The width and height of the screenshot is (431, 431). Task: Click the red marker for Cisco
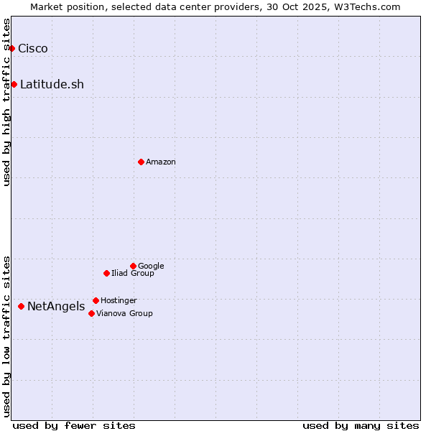pos(12,48)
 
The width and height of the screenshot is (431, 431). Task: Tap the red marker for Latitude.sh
pos(14,84)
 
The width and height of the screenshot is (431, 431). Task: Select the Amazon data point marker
pos(141,162)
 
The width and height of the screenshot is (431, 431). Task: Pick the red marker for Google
pos(133,266)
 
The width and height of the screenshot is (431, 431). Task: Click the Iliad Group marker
pos(106,273)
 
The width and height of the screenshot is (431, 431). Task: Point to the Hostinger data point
pos(96,300)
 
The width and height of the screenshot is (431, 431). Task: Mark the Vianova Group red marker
pos(91,313)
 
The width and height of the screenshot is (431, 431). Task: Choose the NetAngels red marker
pos(21,306)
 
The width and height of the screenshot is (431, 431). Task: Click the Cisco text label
pos(33,49)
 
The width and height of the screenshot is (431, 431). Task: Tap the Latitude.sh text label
pos(52,85)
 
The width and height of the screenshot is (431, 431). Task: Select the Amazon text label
pos(161,162)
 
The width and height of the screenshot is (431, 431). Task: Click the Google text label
pos(151,267)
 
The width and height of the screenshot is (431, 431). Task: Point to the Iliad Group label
pos(133,274)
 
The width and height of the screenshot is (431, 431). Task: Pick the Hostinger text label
pos(119,301)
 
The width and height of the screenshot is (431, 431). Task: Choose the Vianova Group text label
pos(124,314)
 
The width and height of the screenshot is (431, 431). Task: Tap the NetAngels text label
pos(56,307)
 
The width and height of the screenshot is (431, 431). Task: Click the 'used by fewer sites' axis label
pos(74,425)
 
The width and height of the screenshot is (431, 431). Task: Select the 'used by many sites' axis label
pos(361,425)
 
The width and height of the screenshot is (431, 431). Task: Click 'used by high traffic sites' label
pos(7,102)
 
